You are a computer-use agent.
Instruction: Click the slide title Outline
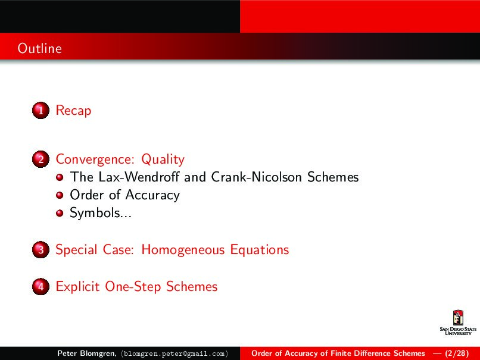(39, 48)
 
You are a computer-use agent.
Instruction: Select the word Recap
(73, 111)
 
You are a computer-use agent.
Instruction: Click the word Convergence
(95, 159)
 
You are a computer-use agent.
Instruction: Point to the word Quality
(163, 159)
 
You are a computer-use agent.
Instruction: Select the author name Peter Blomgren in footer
(86, 353)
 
